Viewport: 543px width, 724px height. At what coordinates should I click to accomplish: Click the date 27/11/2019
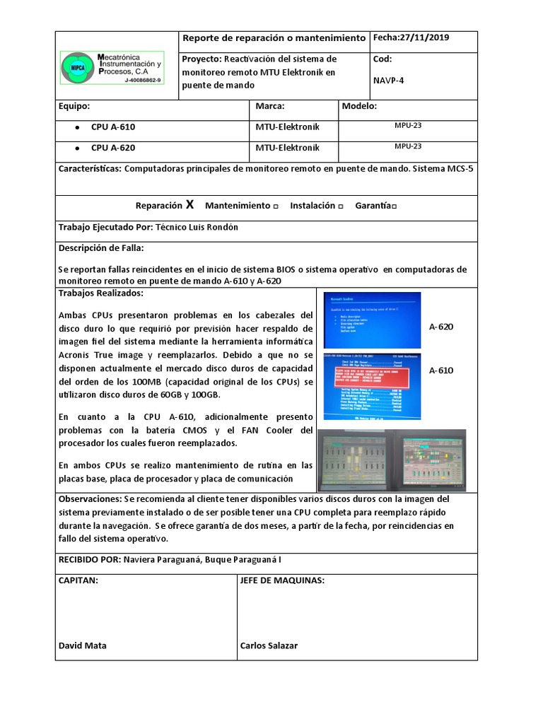(x=425, y=38)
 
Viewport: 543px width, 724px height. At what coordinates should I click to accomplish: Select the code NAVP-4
(x=388, y=81)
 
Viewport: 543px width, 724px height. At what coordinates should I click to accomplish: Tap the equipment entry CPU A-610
(x=112, y=127)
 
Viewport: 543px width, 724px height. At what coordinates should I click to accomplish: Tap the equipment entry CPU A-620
(x=112, y=148)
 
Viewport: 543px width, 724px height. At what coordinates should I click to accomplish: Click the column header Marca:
(x=269, y=107)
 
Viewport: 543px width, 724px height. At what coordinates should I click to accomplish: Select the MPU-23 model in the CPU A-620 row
(x=408, y=146)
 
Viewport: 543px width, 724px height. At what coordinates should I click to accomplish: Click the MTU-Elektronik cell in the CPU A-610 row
(x=287, y=127)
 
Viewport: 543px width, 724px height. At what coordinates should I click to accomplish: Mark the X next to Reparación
(x=189, y=206)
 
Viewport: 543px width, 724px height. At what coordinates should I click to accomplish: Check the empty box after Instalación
(x=341, y=206)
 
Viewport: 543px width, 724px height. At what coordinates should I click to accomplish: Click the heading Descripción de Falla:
(x=101, y=248)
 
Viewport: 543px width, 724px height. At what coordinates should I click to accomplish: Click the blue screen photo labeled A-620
(x=372, y=320)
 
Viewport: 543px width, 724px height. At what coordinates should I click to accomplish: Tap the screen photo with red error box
(x=372, y=386)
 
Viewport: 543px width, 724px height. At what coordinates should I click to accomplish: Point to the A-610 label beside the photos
(x=441, y=370)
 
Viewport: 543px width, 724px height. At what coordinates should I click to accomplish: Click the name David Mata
(x=83, y=646)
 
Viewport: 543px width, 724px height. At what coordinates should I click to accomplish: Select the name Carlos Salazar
(x=269, y=646)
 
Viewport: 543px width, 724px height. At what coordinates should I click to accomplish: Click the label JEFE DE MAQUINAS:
(x=282, y=580)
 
